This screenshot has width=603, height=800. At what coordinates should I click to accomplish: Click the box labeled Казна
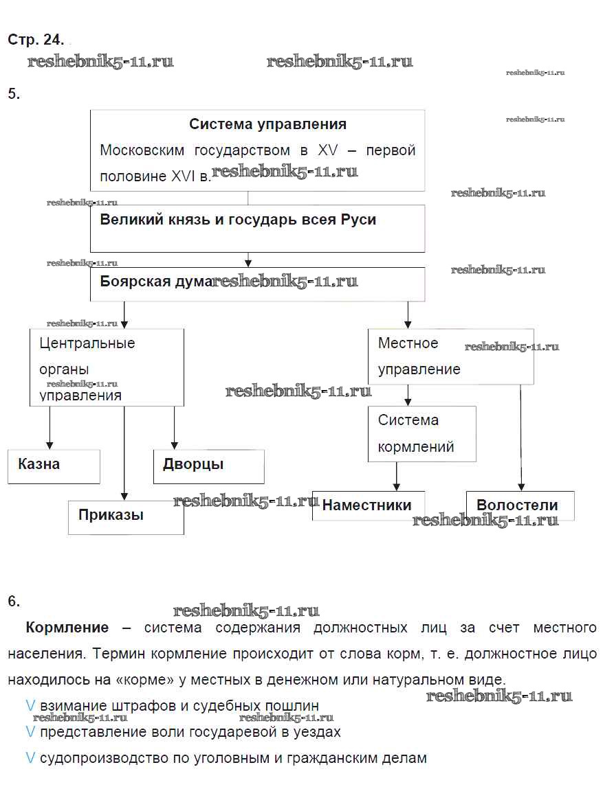[54, 466]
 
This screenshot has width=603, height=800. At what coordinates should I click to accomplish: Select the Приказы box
[126, 517]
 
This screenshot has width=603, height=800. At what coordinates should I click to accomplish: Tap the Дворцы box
[208, 466]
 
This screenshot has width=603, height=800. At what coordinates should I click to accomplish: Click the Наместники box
[368, 505]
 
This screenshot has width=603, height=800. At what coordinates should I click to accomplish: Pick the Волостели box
[520, 505]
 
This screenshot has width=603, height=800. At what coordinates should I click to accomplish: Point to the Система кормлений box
[421, 433]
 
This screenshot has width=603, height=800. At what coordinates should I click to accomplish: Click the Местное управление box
[450, 356]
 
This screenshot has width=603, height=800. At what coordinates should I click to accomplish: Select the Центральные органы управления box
[107, 368]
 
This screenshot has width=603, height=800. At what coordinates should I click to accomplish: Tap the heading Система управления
[267, 124]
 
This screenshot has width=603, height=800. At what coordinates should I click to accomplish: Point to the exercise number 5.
[14, 94]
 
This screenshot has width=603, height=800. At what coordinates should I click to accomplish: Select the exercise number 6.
[14, 601]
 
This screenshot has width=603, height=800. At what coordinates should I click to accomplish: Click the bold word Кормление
[67, 628]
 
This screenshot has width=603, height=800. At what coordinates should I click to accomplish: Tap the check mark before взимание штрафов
[30, 705]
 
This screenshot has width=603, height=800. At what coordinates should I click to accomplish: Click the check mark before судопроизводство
[30, 758]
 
